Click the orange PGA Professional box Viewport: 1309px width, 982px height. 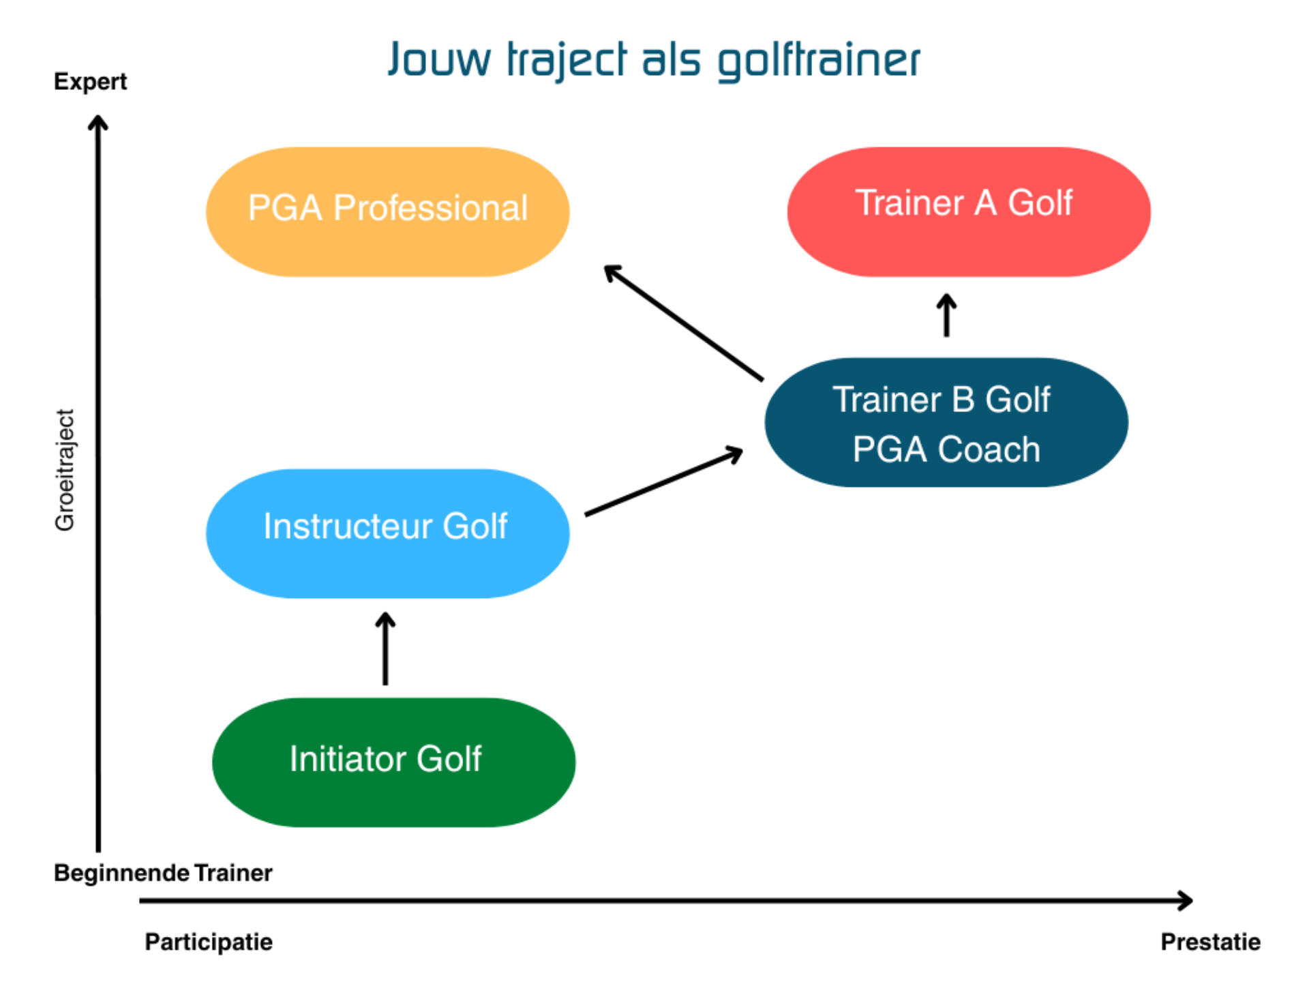[x=387, y=211]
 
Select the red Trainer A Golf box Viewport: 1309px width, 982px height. [x=968, y=211]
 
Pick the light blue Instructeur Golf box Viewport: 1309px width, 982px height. [x=387, y=533]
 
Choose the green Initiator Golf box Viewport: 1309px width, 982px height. [x=393, y=762]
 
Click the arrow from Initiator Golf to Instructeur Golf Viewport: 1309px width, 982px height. [x=385, y=648]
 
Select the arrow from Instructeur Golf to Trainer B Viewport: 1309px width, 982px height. [x=663, y=481]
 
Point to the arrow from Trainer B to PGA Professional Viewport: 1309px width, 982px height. [x=683, y=322]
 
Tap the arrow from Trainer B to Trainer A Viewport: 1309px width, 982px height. [x=946, y=315]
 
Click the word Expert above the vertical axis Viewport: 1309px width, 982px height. [x=90, y=82]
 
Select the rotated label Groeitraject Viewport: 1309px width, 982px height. [x=65, y=470]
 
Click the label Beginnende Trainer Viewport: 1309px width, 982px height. [x=163, y=873]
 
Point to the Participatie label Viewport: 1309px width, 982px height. [x=209, y=942]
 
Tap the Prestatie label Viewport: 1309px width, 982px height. [x=1210, y=942]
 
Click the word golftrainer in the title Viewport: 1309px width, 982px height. [x=819, y=60]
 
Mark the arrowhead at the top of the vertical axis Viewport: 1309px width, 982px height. [x=98, y=123]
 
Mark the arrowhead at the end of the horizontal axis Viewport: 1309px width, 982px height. [x=1186, y=900]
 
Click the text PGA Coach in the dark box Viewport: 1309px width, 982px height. [x=946, y=450]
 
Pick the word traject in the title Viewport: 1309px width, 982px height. [x=566, y=60]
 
